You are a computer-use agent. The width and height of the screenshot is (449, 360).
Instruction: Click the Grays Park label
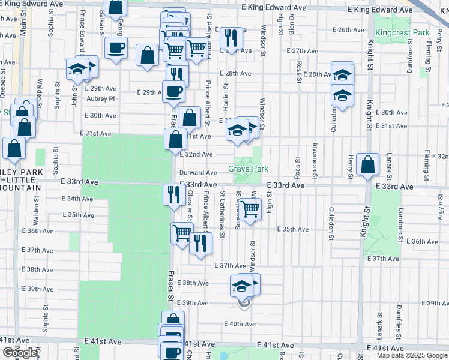[x=248, y=169]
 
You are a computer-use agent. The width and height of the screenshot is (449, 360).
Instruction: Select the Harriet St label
[x=226, y=95]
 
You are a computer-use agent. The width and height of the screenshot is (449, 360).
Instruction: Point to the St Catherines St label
[x=222, y=213]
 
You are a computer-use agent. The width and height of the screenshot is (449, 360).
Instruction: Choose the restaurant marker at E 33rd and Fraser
[x=174, y=194]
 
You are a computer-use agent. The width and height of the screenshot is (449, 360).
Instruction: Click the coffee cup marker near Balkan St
[x=116, y=47]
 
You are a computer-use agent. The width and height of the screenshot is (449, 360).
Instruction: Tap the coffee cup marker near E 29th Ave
[x=174, y=91]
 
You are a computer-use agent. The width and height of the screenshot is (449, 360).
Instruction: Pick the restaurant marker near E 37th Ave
[x=200, y=243]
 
